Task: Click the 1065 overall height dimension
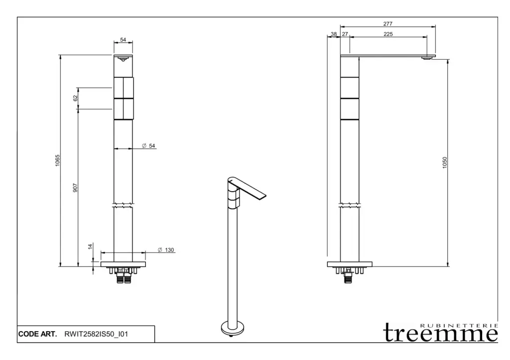[58, 161]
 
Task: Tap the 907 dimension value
[75, 188]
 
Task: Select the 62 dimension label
[76, 98]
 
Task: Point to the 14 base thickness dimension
[91, 246]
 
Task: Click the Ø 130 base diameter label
[166, 250]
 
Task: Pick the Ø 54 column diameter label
[148, 146]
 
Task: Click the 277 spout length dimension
[387, 24]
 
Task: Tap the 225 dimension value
[388, 34]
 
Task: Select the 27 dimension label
[345, 34]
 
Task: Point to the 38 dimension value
[334, 34]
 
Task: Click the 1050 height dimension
[445, 163]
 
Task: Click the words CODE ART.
[37, 334]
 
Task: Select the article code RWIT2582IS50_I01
[96, 334]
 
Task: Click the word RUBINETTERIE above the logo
[459, 325]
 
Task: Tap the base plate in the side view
[350, 264]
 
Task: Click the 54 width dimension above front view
[123, 40]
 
